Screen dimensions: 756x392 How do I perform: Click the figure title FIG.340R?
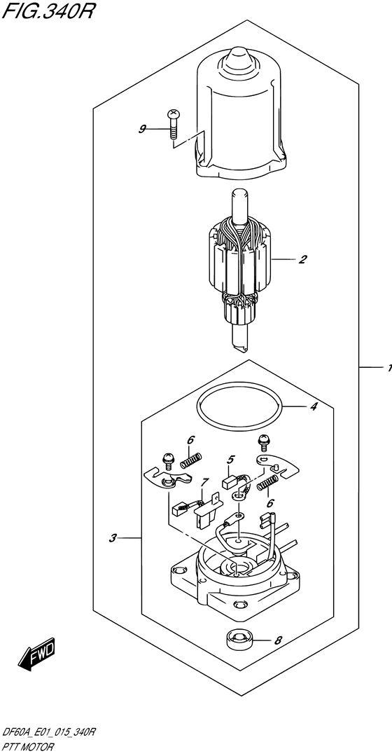pyautogui.click(x=47, y=12)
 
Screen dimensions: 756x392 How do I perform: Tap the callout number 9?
pyautogui.click(x=142, y=129)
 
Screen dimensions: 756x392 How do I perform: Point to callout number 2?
pyautogui.click(x=302, y=260)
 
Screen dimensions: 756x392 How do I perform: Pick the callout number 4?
pyautogui.click(x=313, y=406)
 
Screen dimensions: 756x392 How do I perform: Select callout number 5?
pyautogui.click(x=229, y=460)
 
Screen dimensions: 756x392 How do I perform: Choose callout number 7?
pyautogui.click(x=204, y=483)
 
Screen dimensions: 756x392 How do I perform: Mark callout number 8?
pyautogui.click(x=278, y=640)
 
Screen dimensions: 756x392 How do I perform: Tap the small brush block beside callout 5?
pyautogui.click(x=230, y=481)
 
